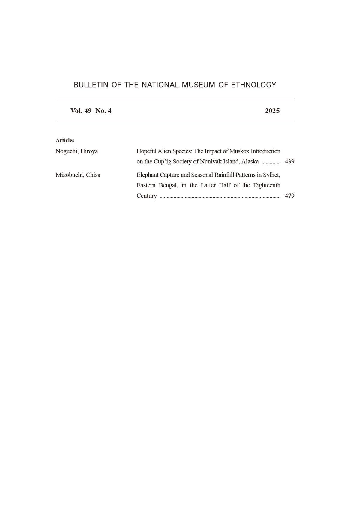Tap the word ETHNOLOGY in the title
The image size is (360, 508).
(x=253, y=85)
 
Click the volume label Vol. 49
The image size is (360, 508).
(x=81, y=111)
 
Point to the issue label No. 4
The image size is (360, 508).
(x=103, y=111)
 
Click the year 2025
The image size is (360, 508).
(x=272, y=111)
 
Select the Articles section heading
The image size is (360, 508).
(x=65, y=140)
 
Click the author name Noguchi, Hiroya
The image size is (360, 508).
(x=77, y=151)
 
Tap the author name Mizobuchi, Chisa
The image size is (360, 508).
(x=78, y=175)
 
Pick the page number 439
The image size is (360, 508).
(x=289, y=162)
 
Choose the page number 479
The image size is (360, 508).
(x=289, y=196)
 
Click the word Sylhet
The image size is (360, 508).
(x=271, y=175)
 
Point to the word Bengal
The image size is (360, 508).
(x=168, y=185)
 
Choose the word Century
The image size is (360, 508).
(x=147, y=196)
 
